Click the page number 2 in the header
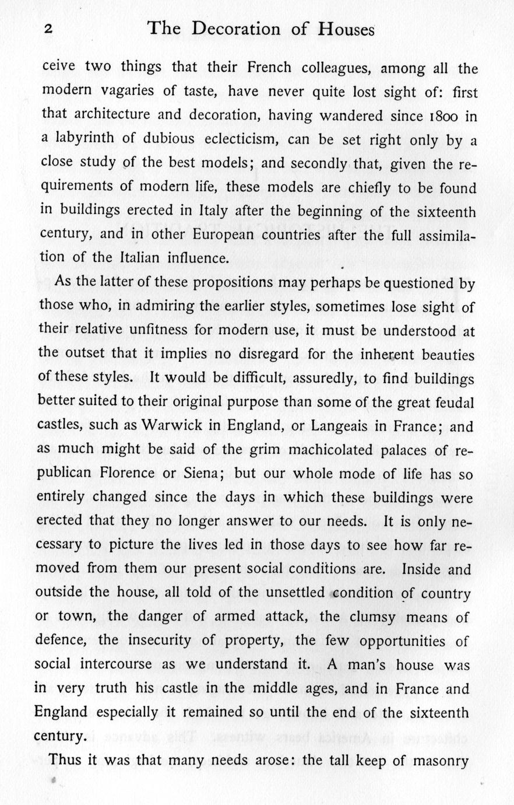(x=48, y=31)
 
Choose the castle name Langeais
(x=340, y=426)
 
